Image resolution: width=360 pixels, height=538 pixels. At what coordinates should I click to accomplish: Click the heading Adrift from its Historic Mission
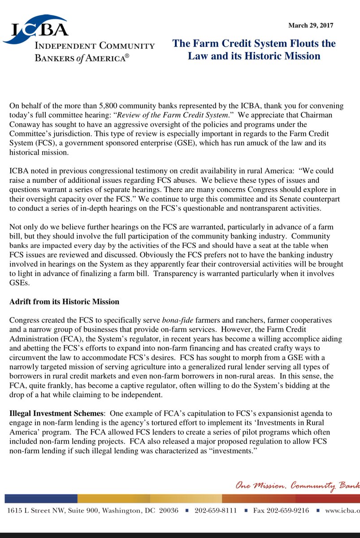[64, 301]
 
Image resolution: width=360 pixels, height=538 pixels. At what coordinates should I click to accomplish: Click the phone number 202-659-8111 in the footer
[215, 510]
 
